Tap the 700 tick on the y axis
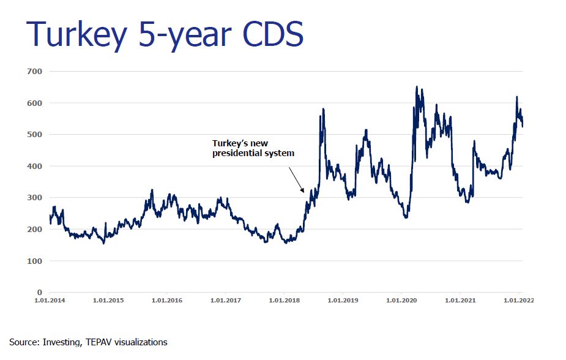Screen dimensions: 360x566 [x=34, y=72]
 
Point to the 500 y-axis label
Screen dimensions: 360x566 [x=34, y=135]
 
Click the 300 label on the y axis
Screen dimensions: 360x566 [x=34, y=198]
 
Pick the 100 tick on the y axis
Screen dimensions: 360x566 [x=34, y=261]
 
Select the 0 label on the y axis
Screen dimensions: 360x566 [x=39, y=293]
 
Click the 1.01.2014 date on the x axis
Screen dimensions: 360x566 [x=50, y=301]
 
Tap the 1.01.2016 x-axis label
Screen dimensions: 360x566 [x=166, y=301]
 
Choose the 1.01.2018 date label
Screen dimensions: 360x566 [x=284, y=301]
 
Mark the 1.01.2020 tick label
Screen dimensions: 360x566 [x=401, y=301]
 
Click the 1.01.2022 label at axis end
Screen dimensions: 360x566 [x=517, y=301]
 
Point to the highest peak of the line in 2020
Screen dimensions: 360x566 [x=417, y=87]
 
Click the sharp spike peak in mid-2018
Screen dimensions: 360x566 [x=323, y=110]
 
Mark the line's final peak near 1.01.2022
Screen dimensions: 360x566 [x=516, y=97]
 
